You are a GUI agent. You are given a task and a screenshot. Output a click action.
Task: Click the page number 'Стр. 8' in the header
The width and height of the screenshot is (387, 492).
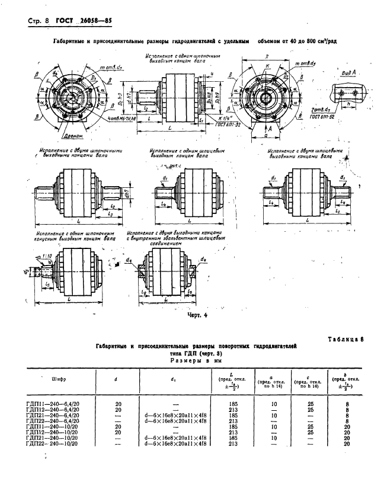(38, 22)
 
